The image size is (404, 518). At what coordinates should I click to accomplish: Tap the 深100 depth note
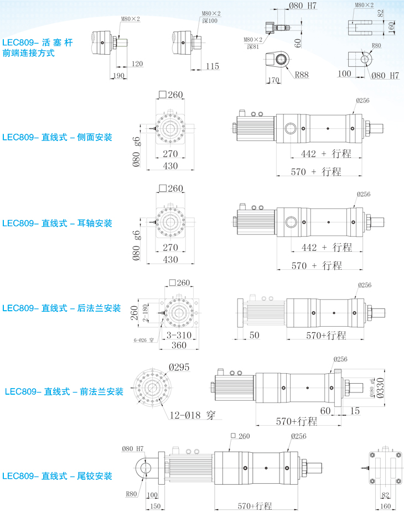(x=210, y=20)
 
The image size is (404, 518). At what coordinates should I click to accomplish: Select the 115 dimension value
(x=211, y=66)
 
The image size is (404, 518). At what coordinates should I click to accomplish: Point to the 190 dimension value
(x=118, y=75)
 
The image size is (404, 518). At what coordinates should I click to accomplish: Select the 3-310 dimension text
(x=178, y=336)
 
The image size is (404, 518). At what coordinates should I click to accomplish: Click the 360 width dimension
(x=178, y=346)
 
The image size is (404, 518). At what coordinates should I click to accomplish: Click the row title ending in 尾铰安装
(x=57, y=476)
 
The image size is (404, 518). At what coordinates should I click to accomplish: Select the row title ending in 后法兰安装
(x=61, y=308)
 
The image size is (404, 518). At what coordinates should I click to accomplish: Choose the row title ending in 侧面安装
(x=57, y=137)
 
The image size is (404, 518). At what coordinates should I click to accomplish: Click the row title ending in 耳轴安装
(x=57, y=223)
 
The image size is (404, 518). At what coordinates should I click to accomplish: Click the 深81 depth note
(x=253, y=47)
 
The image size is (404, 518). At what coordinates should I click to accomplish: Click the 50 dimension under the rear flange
(x=255, y=335)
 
